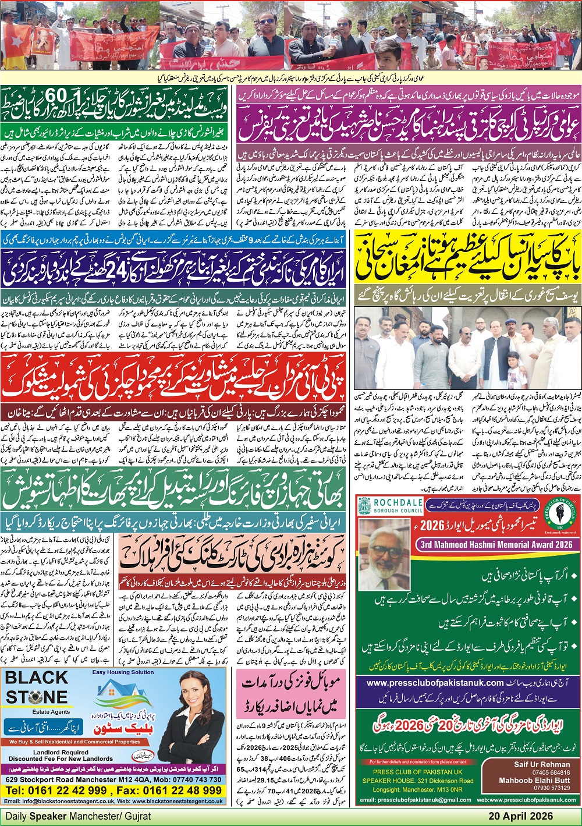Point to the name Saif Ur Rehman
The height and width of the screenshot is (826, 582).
tap(542, 764)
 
